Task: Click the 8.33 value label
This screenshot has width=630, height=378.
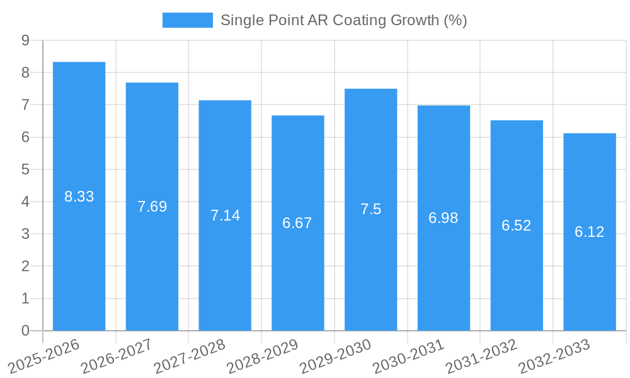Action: coord(79,197)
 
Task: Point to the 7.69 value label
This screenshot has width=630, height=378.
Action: coord(152,207)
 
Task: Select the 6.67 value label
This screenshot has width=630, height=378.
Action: coord(297,223)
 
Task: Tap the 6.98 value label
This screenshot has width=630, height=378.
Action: coord(444,218)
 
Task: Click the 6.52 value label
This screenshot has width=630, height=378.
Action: coord(517,226)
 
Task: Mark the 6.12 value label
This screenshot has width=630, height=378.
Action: coord(589,232)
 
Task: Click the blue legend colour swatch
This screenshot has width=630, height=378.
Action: coord(187,20)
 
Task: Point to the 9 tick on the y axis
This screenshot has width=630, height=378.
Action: coord(25,40)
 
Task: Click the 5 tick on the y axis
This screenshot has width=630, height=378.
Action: coord(25,169)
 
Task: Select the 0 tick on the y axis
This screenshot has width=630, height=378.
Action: coord(25,331)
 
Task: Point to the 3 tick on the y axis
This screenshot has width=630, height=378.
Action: coord(25,234)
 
